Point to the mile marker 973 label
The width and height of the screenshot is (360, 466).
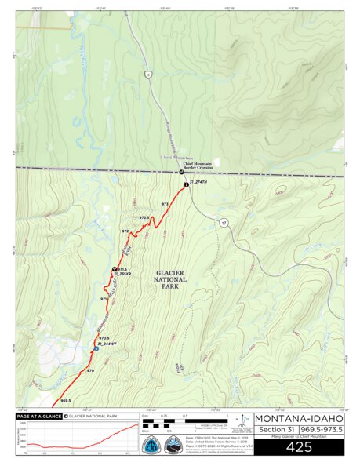[x=165, y=204]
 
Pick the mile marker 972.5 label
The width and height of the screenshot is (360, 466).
[x=144, y=217]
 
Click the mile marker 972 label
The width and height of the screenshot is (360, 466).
[x=125, y=231]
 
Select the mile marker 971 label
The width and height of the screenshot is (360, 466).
[x=104, y=299]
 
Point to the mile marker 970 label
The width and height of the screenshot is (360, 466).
[x=90, y=370]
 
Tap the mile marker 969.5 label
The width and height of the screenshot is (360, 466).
[x=65, y=400]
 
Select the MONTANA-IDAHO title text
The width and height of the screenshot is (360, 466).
[x=299, y=418]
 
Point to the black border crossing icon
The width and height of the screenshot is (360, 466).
[x=181, y=172]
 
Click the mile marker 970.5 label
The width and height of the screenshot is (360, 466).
[x=104, y=338]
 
